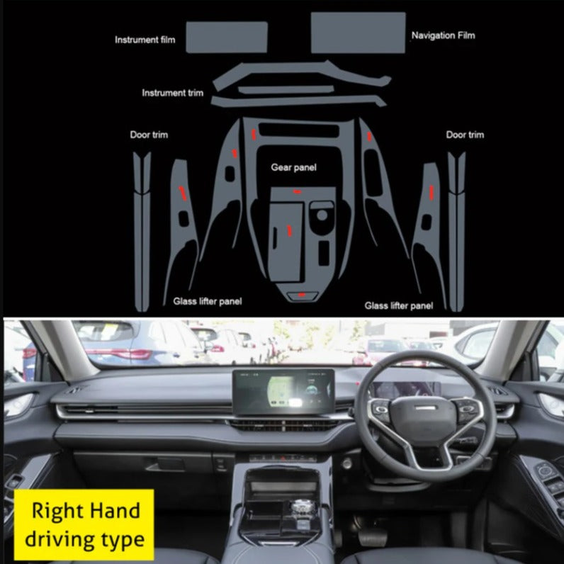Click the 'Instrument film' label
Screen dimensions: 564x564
click(145, 40)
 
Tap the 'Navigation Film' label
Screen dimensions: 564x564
click(443, 35)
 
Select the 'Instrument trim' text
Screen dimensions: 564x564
click(173, 93)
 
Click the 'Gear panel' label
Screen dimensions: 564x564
click(293, 167)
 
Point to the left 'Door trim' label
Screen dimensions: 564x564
click(149, 135)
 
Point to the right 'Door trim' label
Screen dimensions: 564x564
click(465, 135)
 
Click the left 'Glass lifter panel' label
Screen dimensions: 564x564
click(208, 301)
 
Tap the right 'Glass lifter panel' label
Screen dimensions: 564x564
click(399, 305)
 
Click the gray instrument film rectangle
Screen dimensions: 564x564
click(227, 37)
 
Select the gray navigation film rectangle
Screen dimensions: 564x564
click(359, 33)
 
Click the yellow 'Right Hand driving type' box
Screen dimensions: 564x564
click(84, 525)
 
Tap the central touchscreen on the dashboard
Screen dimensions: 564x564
click(283, 391)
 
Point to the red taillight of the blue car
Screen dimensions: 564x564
click(118, 354)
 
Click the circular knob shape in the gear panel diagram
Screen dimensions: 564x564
click(322, 215)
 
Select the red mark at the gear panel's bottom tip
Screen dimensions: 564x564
click(301, 295)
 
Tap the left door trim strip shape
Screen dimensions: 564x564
click(142, 232)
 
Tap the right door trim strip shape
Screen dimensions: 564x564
click(456, 232)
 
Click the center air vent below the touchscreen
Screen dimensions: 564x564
click(284, 425)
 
